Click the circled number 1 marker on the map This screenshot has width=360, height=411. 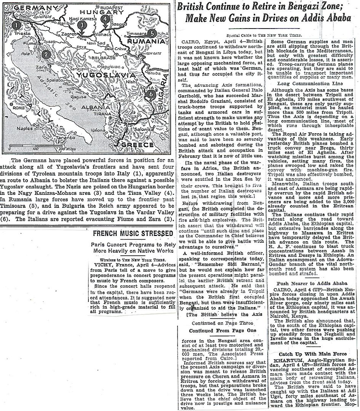point(16,26)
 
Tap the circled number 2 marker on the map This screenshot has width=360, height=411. point(46,54)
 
